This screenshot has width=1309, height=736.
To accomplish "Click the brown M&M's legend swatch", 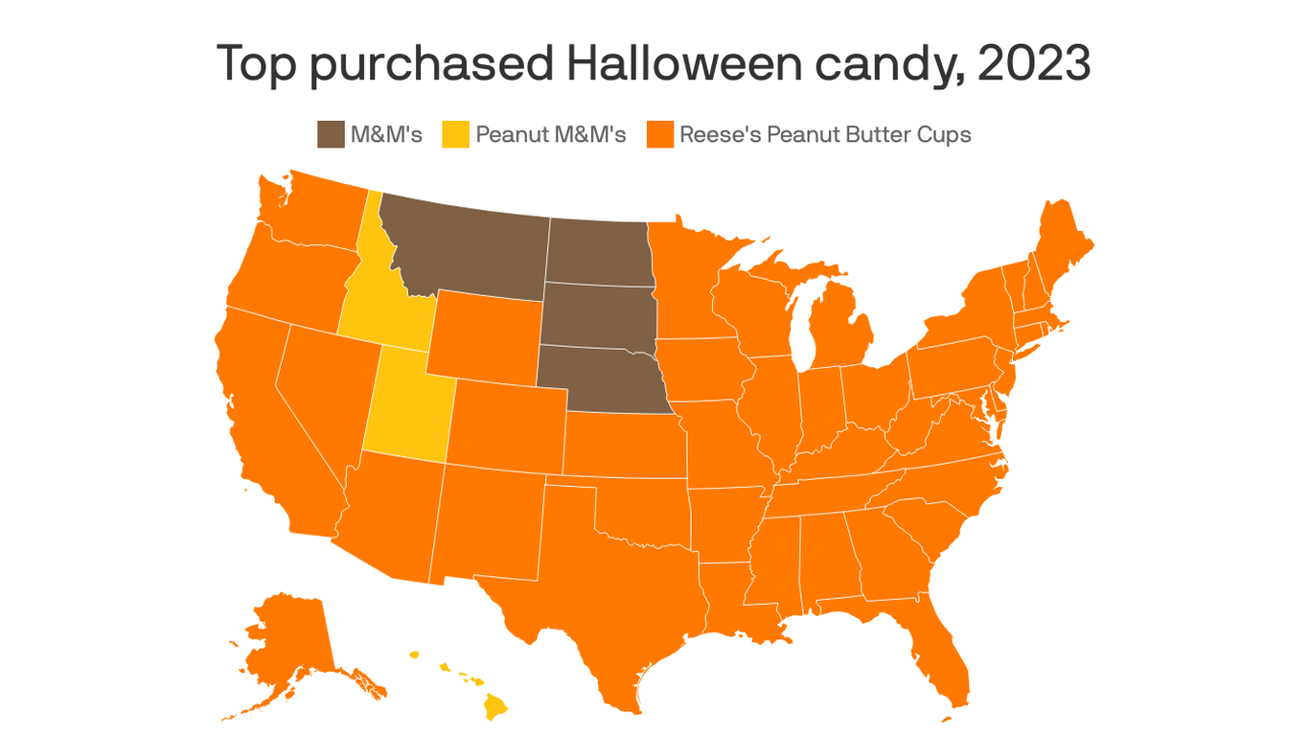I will (331, 134).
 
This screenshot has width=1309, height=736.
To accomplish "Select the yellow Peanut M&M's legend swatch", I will (456, 134).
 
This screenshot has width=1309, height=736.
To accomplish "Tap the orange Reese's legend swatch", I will (660, 134).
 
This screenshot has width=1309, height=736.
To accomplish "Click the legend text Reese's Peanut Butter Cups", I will (825, 134).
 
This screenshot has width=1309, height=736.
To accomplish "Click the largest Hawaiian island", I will (495, 707).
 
